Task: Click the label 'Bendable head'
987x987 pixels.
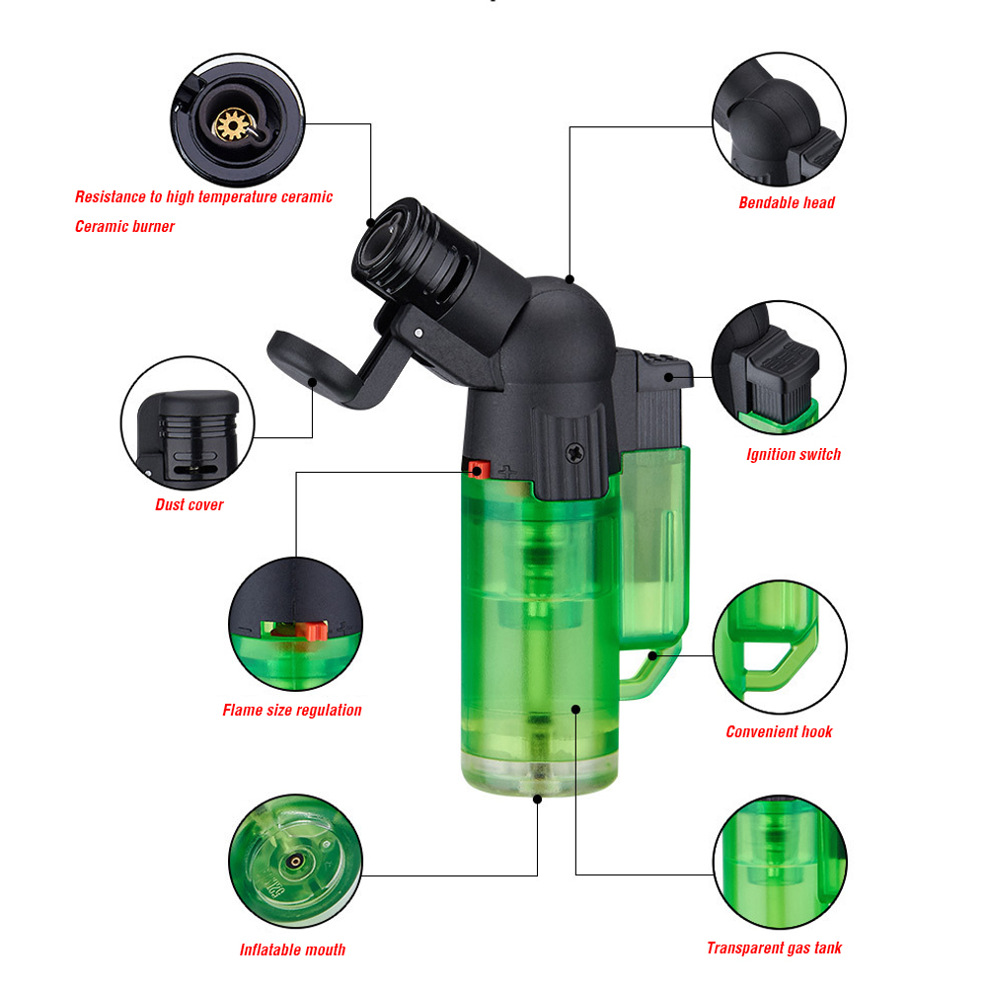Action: [787, 202]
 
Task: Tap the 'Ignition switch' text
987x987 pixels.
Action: [794, 454]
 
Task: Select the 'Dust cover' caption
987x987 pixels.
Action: [189, 504]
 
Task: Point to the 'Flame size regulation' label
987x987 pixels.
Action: [292, 710]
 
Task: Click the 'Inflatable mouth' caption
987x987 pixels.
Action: [292, 949]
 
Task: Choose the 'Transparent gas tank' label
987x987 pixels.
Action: [774, 948]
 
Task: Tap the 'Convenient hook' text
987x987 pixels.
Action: [779, 731]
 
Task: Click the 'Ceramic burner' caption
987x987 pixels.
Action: [124, 227]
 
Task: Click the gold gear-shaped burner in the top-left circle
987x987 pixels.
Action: [232, 124]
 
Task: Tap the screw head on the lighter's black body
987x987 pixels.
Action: [575, 452]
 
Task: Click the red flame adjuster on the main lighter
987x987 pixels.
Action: [479, 470]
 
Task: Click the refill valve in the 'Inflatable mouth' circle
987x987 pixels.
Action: [294, 861]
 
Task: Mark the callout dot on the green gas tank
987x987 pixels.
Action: [575, 710]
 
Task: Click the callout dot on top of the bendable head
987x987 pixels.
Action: [569, 279]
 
